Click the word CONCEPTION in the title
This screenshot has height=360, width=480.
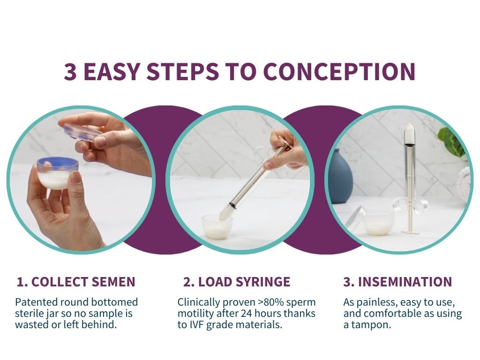[x=339, y=71]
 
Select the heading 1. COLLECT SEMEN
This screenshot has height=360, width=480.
[x=76, y=282]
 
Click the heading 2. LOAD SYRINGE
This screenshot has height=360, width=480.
[x=237, y=282]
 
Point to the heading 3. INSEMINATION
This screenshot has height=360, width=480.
[x=397, y=282]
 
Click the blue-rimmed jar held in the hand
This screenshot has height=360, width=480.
[x=58, y=171]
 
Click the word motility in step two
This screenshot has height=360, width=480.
[x=195, y=313]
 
